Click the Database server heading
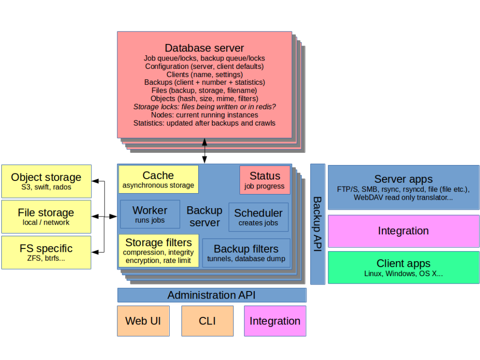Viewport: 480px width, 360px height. (204, 48)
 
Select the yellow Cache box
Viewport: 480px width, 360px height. (158, 180)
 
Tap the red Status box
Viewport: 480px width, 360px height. (264, 180)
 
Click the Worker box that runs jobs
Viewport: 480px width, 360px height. (150, 214)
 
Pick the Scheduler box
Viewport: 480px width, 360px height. (258, 217)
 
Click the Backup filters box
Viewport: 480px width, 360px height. (246, 253)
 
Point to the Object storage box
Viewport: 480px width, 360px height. (46, 181)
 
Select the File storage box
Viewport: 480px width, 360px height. (46, 217)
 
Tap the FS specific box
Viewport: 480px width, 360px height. (46, 252)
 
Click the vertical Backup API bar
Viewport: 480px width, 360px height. (317, 224)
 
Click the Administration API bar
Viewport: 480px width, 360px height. (211, 295)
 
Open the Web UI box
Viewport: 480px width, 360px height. (143, 321)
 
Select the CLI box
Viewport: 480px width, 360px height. (207, 321)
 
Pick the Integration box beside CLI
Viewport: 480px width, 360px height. (275, 321)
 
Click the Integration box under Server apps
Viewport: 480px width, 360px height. (403, 231)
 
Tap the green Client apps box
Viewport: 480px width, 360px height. (403, 267)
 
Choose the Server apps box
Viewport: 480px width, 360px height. (403, 187)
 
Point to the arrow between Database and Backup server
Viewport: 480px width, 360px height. (204, 151)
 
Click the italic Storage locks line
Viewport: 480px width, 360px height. (204, 107)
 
